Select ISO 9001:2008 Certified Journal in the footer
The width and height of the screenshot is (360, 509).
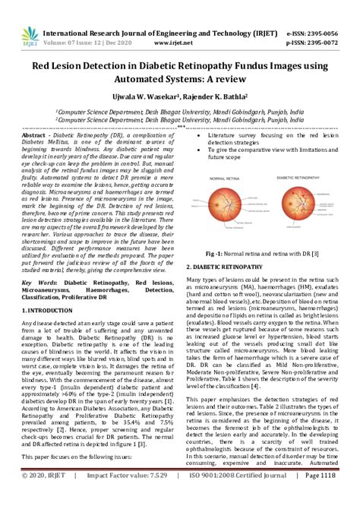click(x=231, y=497)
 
